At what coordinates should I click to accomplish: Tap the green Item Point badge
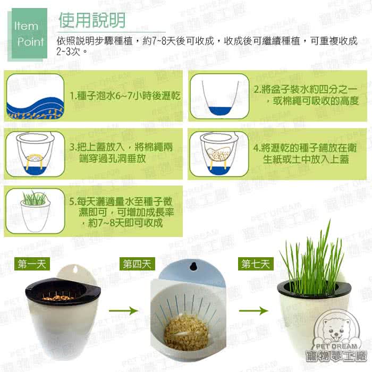[x=27, y=33]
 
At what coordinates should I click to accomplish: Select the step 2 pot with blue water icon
[x=219, y=97]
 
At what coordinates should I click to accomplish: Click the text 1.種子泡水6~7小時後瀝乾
[x=125, y=97]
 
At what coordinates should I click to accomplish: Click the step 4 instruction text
[x=305, y=153]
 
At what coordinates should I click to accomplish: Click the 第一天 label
[x=32, y=264]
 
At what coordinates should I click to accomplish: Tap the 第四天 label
[x=137, y=264]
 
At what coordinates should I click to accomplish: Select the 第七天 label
[x=256, y=264]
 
